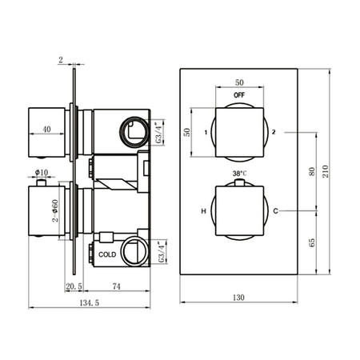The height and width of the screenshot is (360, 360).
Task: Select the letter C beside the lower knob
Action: (274, 211)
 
